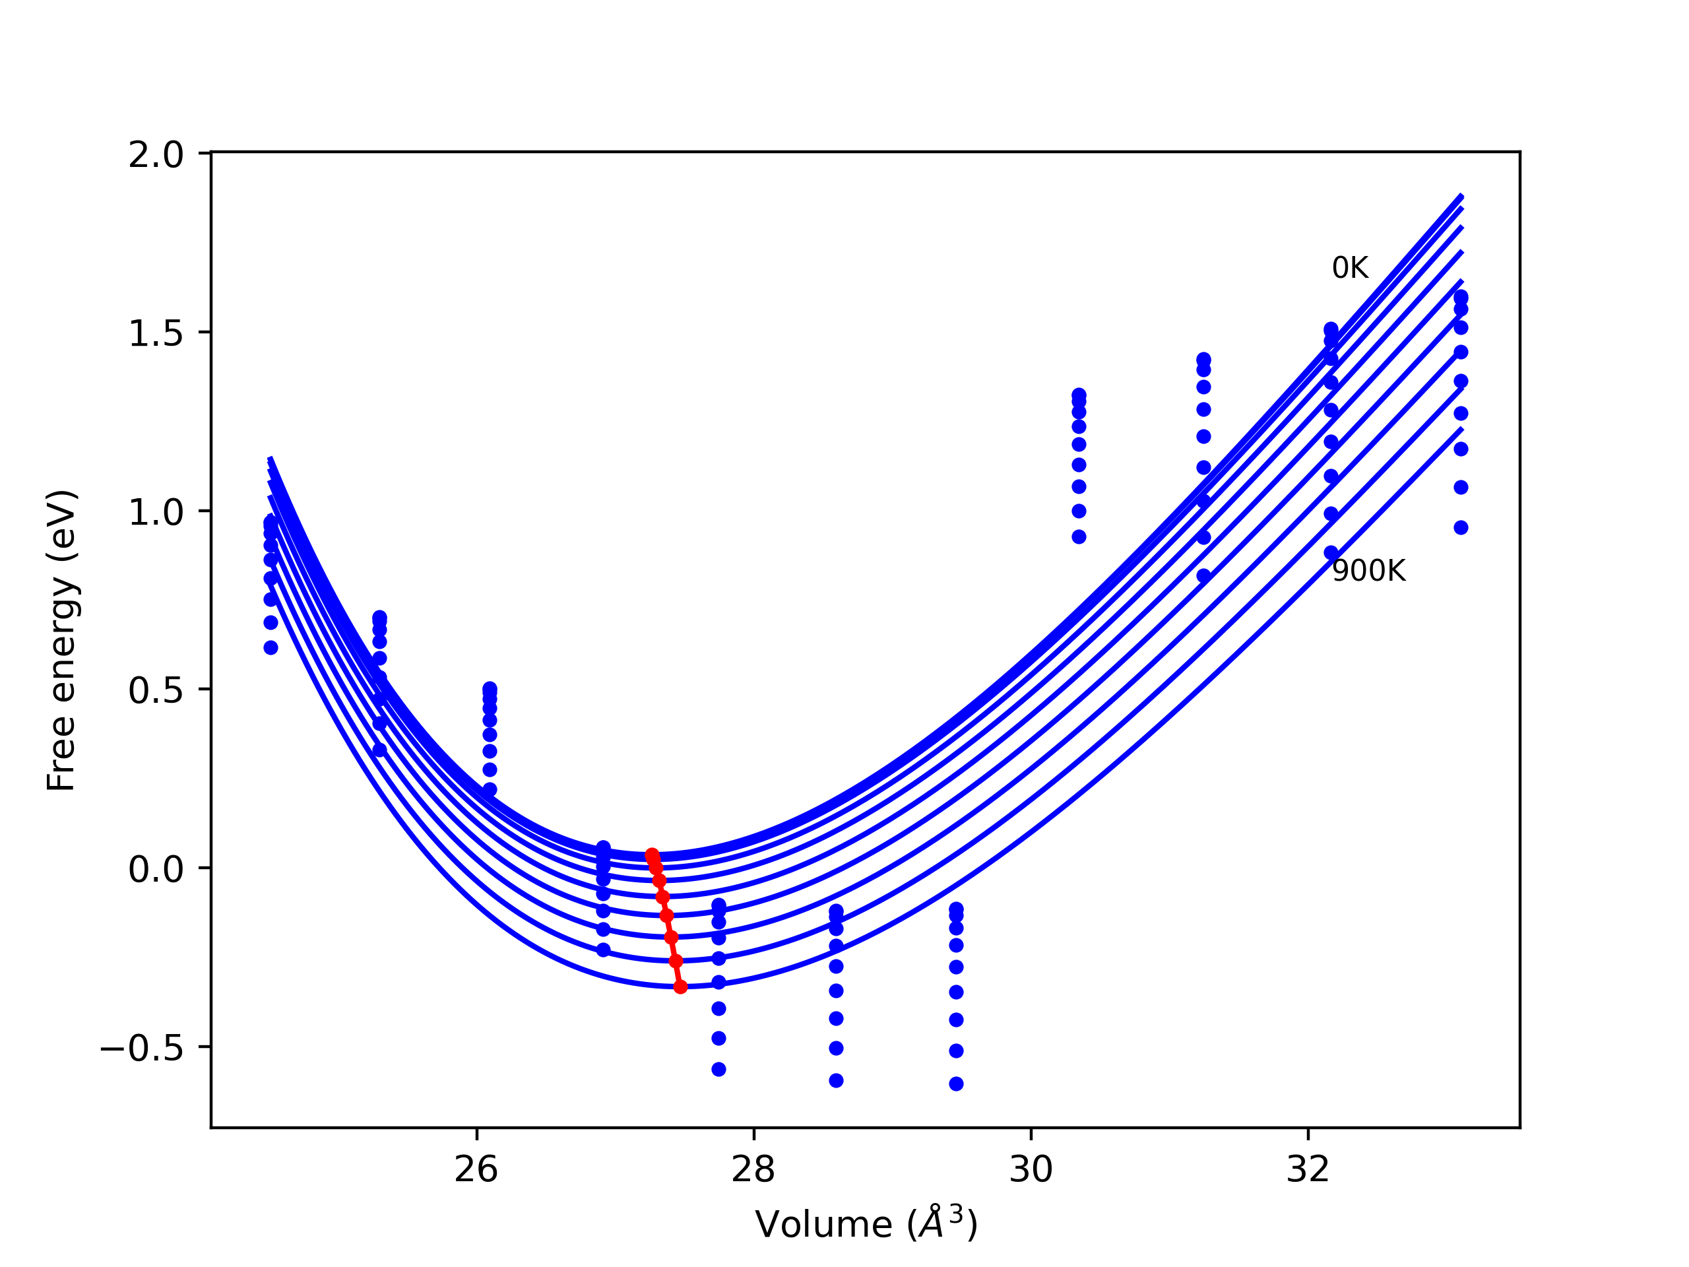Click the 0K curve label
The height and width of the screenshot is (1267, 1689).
(1350, 268)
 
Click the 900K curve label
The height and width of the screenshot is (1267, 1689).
(1368, 571)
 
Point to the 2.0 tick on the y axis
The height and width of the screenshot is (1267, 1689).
(156, 155)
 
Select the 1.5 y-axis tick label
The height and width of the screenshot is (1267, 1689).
(156, 334)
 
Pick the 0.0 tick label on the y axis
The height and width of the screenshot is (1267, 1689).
(156, 869)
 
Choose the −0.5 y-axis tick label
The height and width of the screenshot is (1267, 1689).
(142, 1048)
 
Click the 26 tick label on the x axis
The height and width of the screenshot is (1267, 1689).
(476, 1170)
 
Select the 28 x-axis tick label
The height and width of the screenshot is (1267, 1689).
(753, 1170)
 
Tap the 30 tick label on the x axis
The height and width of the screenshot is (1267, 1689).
(1031, 1170)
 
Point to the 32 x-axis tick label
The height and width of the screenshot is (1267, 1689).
(1308, 1170)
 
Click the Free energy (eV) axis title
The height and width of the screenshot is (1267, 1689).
(61, 640)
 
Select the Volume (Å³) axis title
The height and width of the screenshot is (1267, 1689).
(866, 1224)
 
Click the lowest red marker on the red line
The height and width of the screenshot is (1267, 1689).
(680, 987)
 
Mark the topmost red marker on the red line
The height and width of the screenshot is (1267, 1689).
(651, 855)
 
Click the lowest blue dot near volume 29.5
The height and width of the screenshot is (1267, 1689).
(956, 1084)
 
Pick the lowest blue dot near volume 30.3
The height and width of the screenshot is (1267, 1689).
(1079, 537)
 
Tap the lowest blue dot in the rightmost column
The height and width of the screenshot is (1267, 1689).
(1461, 528)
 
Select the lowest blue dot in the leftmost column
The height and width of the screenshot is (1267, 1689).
(271, 647)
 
